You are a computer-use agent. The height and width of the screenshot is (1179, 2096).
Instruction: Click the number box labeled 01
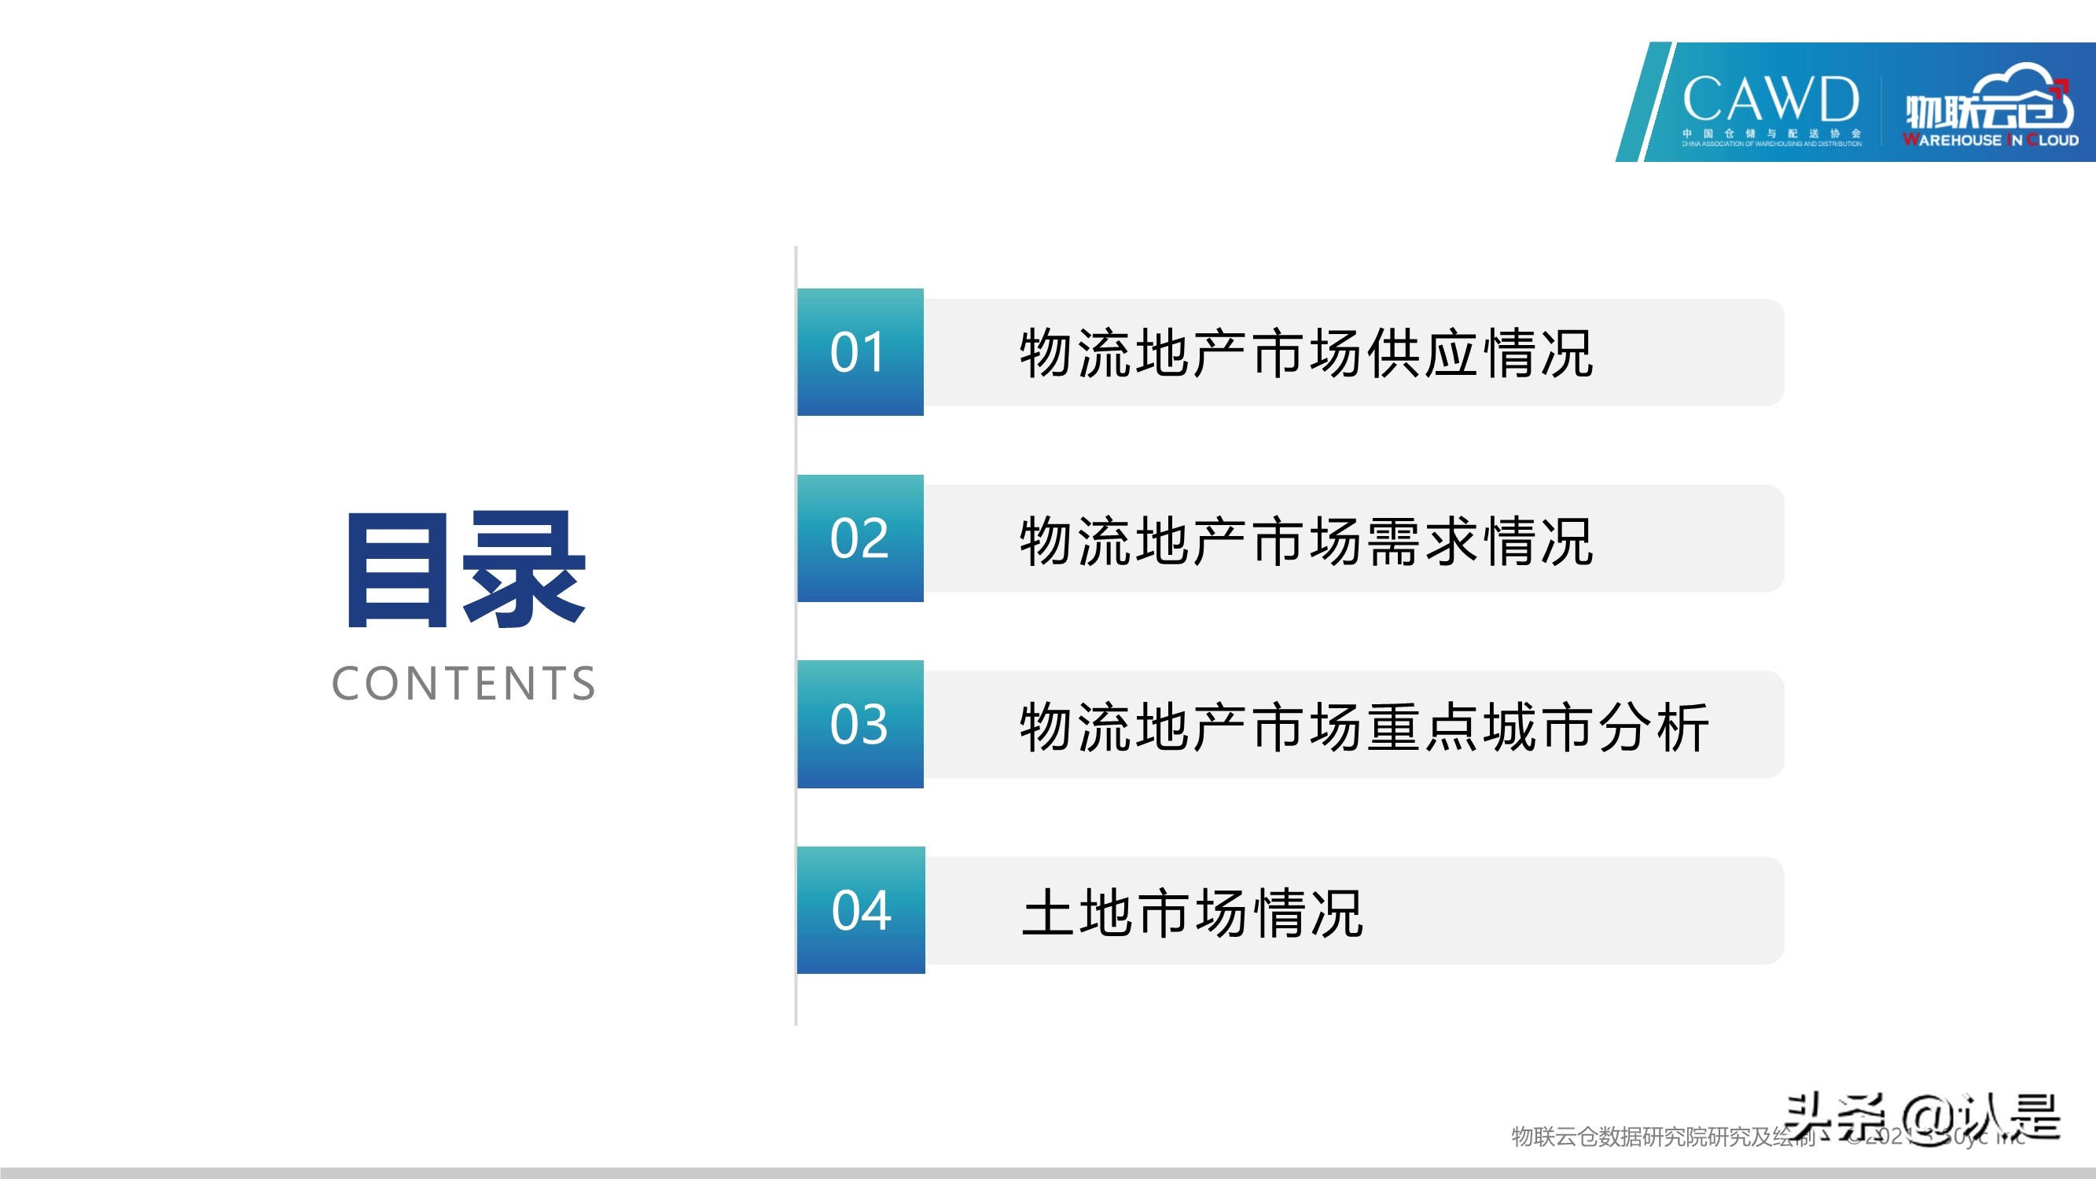[860, 352]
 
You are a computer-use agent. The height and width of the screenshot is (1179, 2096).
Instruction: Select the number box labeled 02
[860, 538]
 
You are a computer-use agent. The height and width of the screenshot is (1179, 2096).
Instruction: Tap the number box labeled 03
[860, 724]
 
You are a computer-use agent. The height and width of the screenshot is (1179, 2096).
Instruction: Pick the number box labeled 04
[861, 909]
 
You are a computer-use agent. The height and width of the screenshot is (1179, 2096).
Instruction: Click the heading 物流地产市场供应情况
[1306, 353]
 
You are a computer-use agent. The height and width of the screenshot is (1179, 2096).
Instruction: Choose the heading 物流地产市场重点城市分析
[1364, 725]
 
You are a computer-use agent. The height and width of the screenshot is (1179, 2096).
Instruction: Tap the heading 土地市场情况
[1191, 912]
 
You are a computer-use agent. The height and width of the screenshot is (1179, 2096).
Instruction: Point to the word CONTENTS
[464, 683]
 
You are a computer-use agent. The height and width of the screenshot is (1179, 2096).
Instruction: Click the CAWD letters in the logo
[1770, 99]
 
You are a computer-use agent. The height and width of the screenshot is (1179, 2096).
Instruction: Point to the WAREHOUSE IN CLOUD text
[1990, 140]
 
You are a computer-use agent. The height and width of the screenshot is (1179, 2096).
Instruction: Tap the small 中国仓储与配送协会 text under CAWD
[1771, 134]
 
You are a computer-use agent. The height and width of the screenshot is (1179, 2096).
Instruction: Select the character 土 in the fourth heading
[1048, 912]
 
